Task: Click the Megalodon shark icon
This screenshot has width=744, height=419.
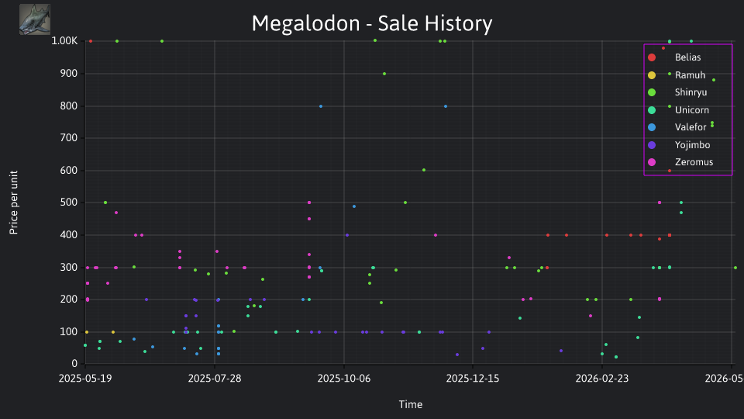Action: click(x=35, y=19)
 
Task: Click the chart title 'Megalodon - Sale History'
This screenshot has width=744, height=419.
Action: click(x=372, y=23)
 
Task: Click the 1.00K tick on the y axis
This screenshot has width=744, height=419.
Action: click(x=64, y=41)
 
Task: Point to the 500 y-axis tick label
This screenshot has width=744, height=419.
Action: click(x=69, y=203)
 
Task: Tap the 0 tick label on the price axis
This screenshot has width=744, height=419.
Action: click(x=74, y=364)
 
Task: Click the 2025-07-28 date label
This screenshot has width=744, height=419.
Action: click(x=215, y=378)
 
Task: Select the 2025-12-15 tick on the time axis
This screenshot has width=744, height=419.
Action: click(x=473, y=378)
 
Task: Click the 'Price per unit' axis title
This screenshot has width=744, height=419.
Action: click(x=14, y=203)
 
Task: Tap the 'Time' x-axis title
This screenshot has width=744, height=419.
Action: click(x=411, y=404)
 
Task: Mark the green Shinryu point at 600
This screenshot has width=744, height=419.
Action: click(x=424, y=170)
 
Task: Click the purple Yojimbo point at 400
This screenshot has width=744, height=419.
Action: click(x=347, y=235)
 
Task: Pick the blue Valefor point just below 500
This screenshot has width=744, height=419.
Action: click(x=354, y=206)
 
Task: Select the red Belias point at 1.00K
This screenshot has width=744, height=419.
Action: click(x=91, y=41)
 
